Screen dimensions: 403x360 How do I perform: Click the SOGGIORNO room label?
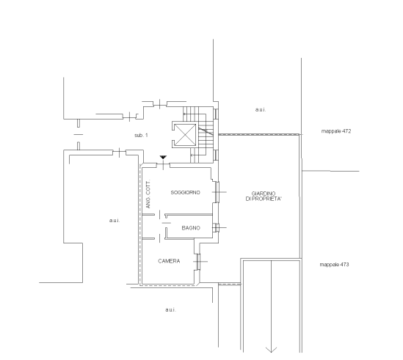pos(185,192)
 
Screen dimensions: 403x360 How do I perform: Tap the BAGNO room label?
pos(191,228)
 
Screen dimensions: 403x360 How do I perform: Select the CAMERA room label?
pos(169,261)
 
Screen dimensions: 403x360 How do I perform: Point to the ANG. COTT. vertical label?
pos(148,194)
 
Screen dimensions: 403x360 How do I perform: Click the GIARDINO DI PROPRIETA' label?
pos(264,196)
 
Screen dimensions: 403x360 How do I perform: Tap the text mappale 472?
pos(336,131)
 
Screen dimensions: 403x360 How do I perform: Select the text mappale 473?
pos(334,265)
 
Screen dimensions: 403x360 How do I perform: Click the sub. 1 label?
pos(141,135)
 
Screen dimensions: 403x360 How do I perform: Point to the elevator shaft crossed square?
pos(185,135)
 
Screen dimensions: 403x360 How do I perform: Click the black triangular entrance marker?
pos(163,157)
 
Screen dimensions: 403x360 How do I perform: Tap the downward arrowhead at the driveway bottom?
pos(271,350)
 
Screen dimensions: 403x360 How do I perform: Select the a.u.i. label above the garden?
pos(261,110)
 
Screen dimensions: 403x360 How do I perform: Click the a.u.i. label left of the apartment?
pos(115,220)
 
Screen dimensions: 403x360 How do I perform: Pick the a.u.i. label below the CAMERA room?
pos(170,309)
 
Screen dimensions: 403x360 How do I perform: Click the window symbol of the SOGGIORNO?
pos(217,192)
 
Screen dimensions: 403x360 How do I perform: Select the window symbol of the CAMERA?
pos(198,262)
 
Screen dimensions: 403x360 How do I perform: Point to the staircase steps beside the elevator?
pos(198,135)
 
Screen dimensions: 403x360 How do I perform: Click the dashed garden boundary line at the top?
pos(259,135)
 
